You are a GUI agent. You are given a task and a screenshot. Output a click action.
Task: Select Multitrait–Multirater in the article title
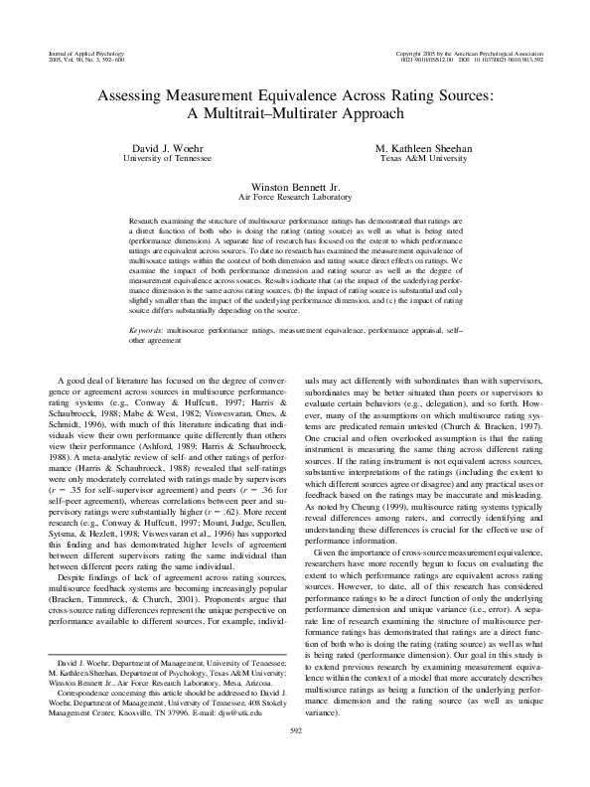(x=265, y=114)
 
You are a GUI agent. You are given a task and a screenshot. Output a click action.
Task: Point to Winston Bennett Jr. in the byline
(x=294, y=185)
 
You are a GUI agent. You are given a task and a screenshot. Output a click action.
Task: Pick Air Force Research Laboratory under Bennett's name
(x=294, y=196)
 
